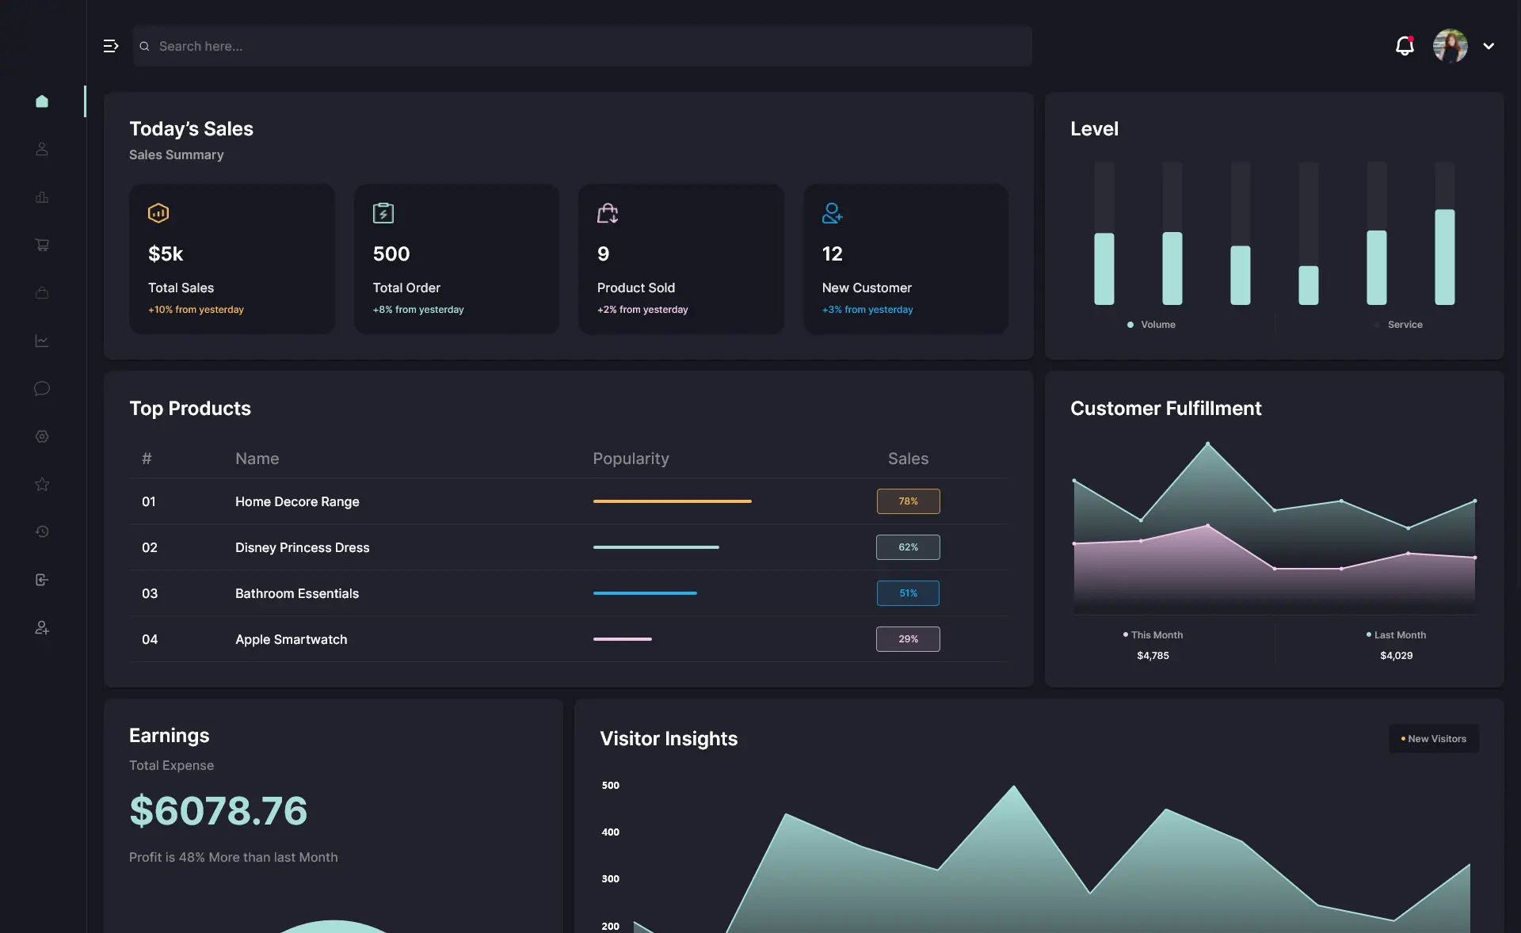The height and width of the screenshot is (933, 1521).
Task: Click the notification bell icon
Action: tap(1404, 46)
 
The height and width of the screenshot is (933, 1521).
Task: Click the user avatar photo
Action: tap(1450, 46)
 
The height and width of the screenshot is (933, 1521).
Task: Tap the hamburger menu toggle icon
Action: tap(111, 46)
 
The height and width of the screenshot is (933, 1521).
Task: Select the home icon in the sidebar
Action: tap(42, 101)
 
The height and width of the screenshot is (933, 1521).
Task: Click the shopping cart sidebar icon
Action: tap(42, 245)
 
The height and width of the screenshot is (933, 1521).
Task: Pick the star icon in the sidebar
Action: tap(42, 484)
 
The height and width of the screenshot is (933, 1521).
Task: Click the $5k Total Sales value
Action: tap(166, 254)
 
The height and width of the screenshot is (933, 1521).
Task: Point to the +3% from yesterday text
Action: tap(867, 310)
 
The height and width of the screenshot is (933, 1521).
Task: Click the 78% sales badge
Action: tap(908, 501)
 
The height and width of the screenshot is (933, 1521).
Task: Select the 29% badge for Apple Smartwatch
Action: tap(908, 639)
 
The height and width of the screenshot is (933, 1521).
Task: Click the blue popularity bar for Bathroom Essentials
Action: tap(645, 593)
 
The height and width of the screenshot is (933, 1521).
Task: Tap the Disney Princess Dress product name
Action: tap(302, 547)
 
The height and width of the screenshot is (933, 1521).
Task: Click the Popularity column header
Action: tap(631, 459)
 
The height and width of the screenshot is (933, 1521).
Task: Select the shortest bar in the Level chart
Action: tap(1308, 285)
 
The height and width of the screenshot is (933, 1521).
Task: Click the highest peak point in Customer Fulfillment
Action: tap(1207, 444)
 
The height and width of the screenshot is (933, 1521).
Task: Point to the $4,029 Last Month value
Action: tap(1396, 656)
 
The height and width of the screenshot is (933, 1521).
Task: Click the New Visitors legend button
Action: tap(1434, 739)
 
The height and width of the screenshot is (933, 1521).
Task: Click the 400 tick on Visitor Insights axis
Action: tap(610, 832)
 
